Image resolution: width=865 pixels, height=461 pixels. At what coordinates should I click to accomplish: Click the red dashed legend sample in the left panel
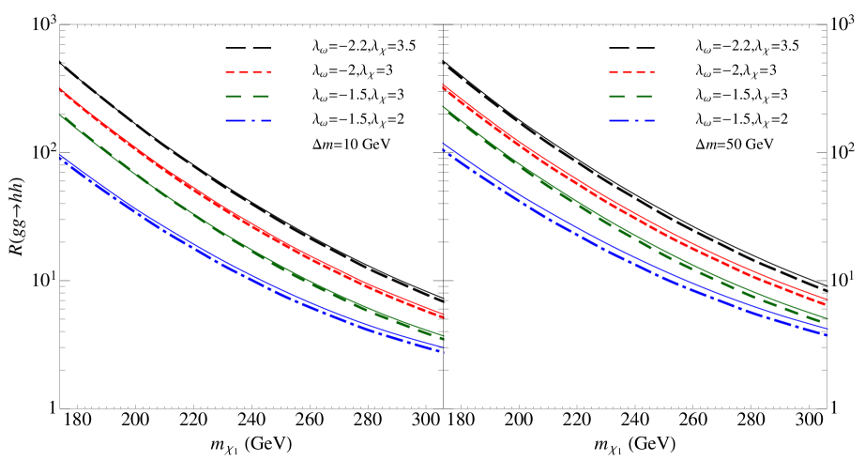pyautogui.click(x=248, y=72)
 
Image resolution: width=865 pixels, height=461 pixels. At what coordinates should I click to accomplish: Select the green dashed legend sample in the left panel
pyautogui.click(x=248, y=97)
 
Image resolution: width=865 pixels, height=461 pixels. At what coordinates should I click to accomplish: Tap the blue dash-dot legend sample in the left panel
pyautogui.click(x=248, y=121)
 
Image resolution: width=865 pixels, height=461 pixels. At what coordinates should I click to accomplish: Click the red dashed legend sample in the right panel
pyautogui.click(x=631, y=72)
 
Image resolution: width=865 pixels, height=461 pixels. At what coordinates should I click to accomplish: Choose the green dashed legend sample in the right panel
pyautogui.click(x=631, y=97)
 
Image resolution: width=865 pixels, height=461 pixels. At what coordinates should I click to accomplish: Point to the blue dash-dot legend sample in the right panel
pyautogui.click(x=631, y=121)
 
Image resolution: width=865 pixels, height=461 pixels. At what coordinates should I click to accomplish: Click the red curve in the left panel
pyautogui.click(x=235, y=215)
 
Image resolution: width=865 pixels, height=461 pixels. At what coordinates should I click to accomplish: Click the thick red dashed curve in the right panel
pyautogui.click(x=638, y=223)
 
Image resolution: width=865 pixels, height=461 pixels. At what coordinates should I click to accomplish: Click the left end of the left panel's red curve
pyautogui.click(x=61, y=90)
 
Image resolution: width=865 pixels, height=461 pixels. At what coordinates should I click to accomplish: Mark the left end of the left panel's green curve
pyautogui.click(x=61, y=116)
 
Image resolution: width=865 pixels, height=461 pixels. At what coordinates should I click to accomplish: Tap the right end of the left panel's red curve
pyautogui.click(x=442, y=315)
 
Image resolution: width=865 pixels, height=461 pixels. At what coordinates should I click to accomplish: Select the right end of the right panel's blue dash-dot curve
pyautogui.click(x=827, y=335)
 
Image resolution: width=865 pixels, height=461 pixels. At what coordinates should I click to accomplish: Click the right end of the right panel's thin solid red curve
pyautogui.click(x=827, y=299)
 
